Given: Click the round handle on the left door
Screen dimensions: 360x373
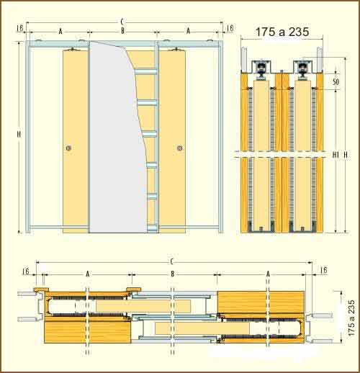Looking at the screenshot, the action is pyautogui.click(x=68, y=148).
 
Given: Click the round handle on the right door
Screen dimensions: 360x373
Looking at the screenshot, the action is pyautogui.click(x=180, y=148).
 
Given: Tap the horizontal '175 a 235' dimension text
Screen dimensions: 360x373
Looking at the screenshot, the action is pyautogui.click(x=282, y=32).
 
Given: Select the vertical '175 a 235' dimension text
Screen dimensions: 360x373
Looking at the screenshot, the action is pyautogui.click(x=351, y=318).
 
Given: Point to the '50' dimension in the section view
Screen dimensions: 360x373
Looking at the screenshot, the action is pyautogui.click(x=336, y=82).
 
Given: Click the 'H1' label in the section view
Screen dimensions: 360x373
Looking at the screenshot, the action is pyautogui.click(x=336, y=155).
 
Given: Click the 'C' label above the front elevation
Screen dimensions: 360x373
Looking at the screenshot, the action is pyautogui.click(x=122, y=22).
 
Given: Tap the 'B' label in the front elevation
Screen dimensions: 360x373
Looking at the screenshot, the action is pyautogui.click(x=122, y=31).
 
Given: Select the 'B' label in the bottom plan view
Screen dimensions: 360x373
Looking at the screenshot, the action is pyautogui.click(x=172, y=274).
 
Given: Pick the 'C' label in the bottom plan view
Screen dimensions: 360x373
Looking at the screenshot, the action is pyautogui.click(x=171, y=261).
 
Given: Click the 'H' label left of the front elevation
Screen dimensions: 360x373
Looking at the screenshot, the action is pyautogui.click(x=19, y=135).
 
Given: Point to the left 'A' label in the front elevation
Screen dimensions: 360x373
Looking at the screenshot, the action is pyautogui.click(x=60, y=31).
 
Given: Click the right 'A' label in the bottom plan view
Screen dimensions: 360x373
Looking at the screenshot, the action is pyautogui.click(x=268, y=274).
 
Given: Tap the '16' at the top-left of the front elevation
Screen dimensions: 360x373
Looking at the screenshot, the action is pyautogui.click(x=20, y=28).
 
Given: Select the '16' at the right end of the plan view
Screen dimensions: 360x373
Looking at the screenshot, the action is pyautogui.click(x=323, y=270).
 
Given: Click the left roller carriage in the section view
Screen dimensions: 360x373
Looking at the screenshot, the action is pyautogui.click(x=260, y=69).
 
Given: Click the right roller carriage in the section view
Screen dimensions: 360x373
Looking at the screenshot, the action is pyautogui.click(x=302, y=69).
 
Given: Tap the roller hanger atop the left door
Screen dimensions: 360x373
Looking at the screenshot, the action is pyautogui.click(x=72, y=49).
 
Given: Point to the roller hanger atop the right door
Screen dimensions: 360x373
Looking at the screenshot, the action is pyautogui.click(x=177, y=49).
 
